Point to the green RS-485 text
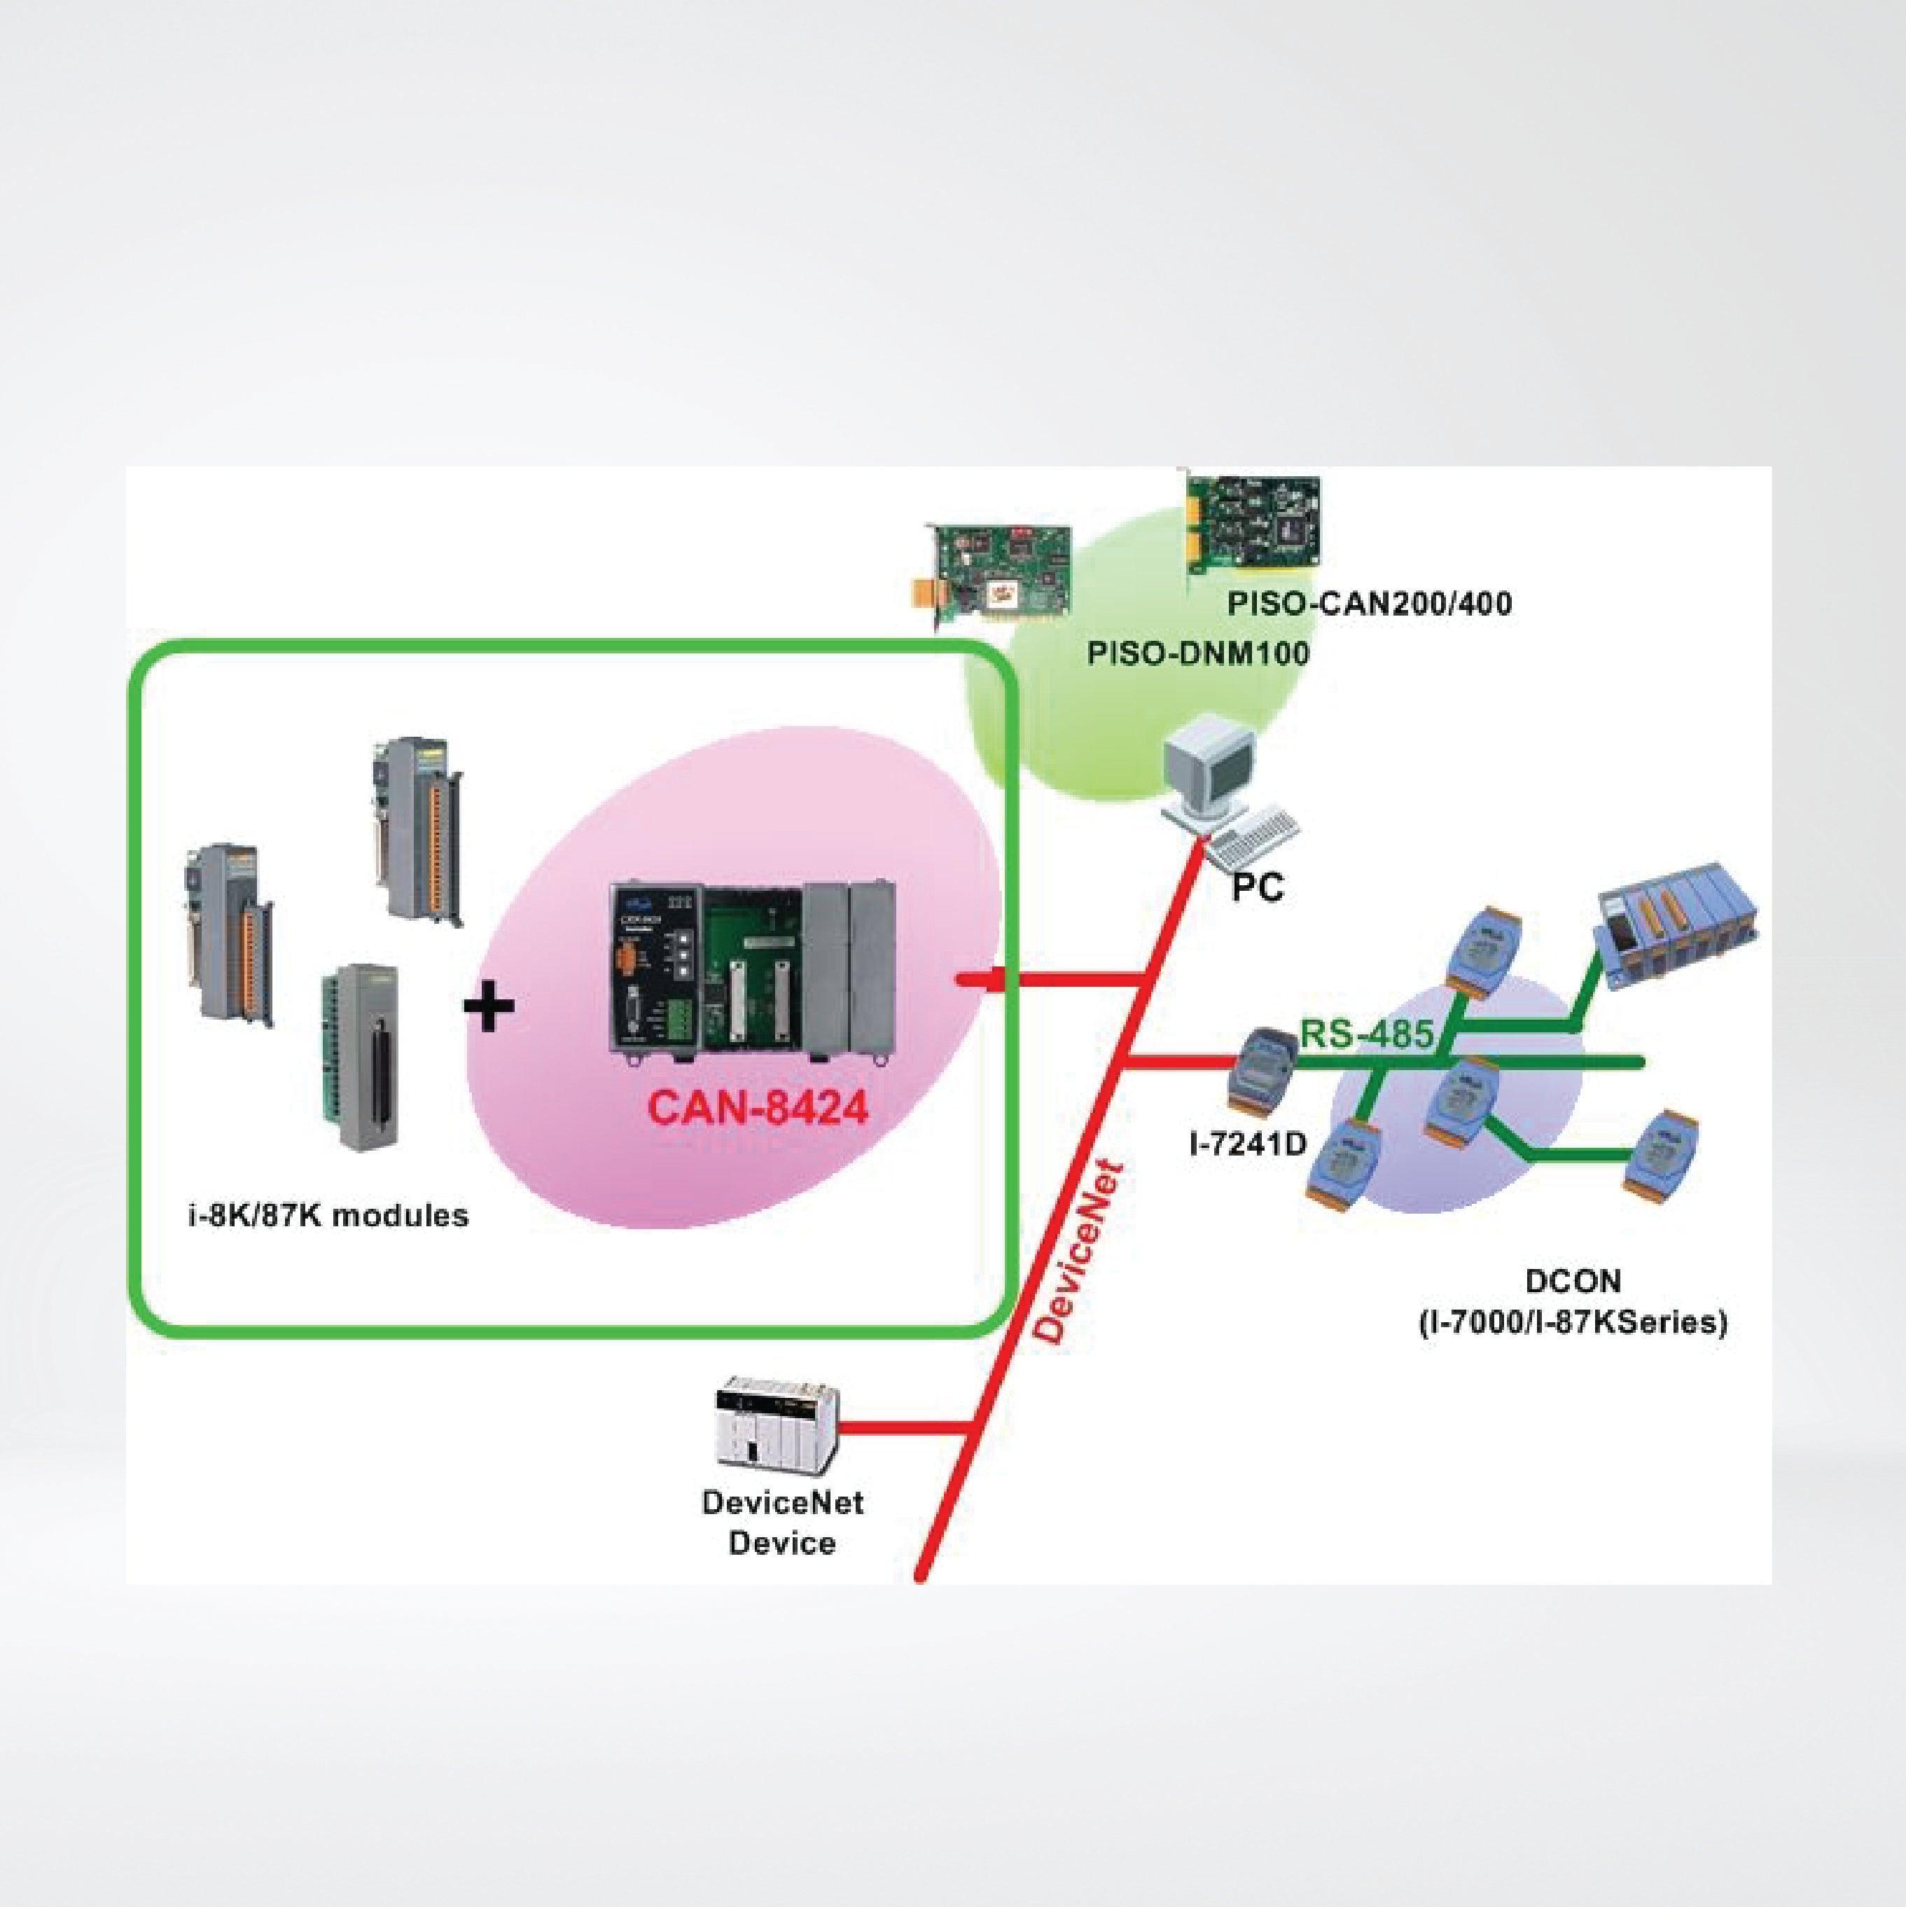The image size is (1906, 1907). pyautogui.click(x=1367, y=1034)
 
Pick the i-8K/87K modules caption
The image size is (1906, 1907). pyautogui.click(x=328, y=1215)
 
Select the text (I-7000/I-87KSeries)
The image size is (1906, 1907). pyautogui.click(x=1573, y=1322)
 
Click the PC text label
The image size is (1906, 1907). pyautogui.click(x=1258, y=887)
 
